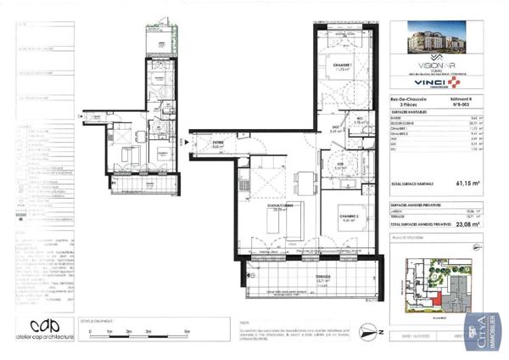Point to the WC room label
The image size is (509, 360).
359,121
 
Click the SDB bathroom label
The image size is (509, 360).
339,167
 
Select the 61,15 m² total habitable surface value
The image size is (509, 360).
467,182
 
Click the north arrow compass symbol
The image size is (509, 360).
366,329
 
